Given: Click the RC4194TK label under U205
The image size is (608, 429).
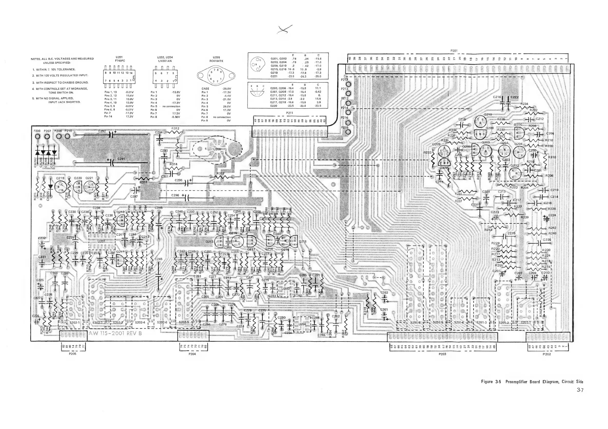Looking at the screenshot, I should tap(216, 61).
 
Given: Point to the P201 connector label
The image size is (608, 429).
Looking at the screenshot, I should tap(454, 51).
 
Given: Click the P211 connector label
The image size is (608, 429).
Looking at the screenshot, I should tap(289, 113).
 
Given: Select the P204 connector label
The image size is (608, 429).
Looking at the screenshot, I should tap(192, 354).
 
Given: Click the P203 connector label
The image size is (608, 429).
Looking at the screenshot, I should tap(442, 354).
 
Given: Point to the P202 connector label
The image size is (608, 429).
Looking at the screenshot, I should tap(547, 354).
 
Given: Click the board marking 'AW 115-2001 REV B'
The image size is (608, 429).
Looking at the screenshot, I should tap(115, 333).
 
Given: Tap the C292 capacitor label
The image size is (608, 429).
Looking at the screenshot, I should tap(102, 131).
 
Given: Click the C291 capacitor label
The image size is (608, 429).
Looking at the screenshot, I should tap(121, 159).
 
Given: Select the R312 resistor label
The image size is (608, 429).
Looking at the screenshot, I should tap(175, 129).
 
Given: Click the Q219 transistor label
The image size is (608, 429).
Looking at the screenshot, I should tap(60, 178).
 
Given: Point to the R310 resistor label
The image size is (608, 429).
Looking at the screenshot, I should tap(552, 157).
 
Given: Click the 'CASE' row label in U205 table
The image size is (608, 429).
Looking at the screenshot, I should tap(205, 89).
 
